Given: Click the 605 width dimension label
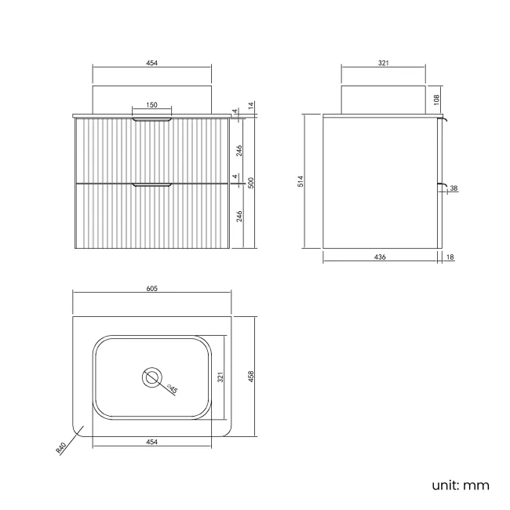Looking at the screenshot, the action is (152, 288).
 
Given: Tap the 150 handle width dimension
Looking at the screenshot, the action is (151, 104).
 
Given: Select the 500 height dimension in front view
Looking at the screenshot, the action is (251, 183).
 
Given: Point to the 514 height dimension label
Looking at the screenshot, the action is (301, 181).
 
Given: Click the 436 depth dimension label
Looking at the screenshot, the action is (380, 257).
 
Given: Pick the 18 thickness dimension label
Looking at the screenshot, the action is (450, 257).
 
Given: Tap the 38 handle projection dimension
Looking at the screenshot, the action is (454, 188).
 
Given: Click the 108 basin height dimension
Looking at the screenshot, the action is (436, 100).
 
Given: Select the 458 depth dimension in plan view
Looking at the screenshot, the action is (251, 377).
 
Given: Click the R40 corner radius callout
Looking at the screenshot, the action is (61, 447).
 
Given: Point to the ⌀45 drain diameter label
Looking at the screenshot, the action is (172, 388).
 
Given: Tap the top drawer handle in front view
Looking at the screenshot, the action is (151, 120).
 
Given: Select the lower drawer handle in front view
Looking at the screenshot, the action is (151, 184).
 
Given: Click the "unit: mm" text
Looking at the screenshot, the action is (461, 485).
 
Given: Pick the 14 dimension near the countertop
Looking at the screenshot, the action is (251, 106).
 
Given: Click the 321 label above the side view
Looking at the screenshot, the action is (384, 63).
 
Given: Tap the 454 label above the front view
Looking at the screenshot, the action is (152, 63).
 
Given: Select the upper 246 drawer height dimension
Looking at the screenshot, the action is (239, 151).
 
